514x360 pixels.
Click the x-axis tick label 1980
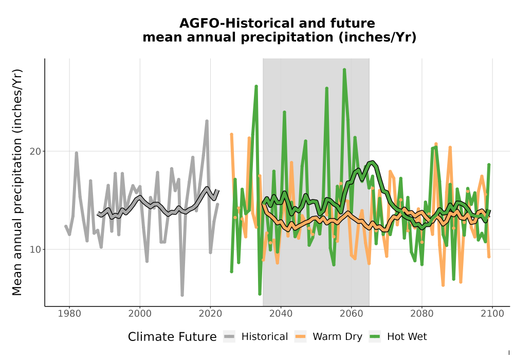[69, 314]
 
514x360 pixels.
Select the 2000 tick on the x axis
[140, 314]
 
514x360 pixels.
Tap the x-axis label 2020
[210, 314]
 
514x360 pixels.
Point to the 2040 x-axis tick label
[281, 314]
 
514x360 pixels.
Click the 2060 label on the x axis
[351, 314]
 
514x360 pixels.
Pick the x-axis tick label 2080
[422, 314]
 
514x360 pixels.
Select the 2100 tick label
[492, 314]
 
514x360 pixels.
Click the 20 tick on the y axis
[35, 152]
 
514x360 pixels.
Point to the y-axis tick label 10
[35, 249]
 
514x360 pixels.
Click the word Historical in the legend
[265, 337]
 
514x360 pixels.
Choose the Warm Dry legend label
[337, 337]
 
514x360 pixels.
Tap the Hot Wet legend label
[407, 337]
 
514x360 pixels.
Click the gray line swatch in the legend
[229, 337]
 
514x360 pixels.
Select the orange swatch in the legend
[300, 337]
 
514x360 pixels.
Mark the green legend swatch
[375, 337]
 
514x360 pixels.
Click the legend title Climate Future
[172, 337]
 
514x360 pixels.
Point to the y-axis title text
[17, 182]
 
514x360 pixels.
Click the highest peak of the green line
[344, 69]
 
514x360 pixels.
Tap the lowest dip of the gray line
[182, 295]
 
